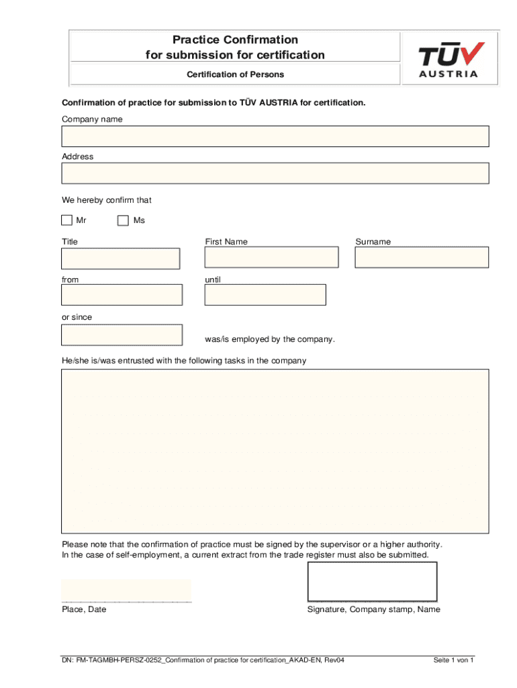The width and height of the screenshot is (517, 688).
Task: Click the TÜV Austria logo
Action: (x=450, y=59)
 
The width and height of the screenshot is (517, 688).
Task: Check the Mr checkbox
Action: (x=66, y=220)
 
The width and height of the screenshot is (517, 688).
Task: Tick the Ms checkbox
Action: (x=123, y=220)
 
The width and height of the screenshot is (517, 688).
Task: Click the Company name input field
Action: (x=275, y=136)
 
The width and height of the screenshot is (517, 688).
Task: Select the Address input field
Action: (x=275, y=173)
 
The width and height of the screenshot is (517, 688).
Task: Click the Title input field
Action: (x=121, y=259)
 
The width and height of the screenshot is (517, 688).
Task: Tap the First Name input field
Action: (x=271, y=257)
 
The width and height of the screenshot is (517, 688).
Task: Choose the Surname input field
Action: (x=422, y=257)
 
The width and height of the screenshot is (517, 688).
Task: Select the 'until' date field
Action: (x=265, y=295)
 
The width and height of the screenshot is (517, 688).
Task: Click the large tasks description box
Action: (x=275, y=451)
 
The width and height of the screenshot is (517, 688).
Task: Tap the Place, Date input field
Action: (x=126, y=590)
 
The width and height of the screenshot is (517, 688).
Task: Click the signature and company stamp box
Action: (x=372, y=581)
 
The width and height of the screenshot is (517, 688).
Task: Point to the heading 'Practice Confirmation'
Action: (x=235, y=40)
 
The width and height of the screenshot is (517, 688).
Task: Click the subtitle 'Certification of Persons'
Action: (x=235, y=75)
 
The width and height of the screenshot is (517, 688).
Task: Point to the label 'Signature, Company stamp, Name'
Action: (x=374, y=609)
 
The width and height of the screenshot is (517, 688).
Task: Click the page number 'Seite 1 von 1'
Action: (x=454, y=660)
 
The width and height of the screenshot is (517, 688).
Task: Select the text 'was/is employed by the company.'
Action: (x=270, y=339)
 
